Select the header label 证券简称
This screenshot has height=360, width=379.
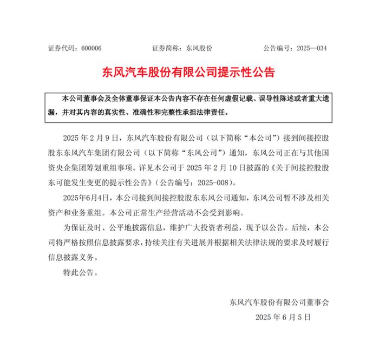164,48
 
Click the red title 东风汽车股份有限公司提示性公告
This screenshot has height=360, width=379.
189,71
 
